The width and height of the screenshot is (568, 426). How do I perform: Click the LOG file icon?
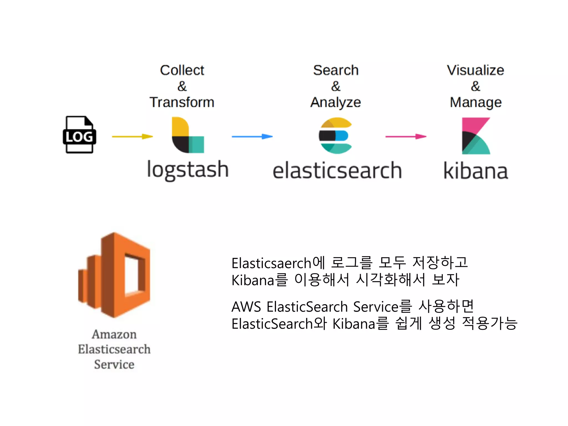coord(79,135)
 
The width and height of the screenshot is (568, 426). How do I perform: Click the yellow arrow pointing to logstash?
coord(132,136)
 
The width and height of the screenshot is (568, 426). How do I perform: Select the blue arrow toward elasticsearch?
coord(252,136)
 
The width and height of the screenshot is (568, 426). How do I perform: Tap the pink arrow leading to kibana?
coord(406,136)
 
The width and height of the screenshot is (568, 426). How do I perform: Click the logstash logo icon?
coord(188,135)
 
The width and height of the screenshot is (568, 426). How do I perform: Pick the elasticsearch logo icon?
coord(336,136)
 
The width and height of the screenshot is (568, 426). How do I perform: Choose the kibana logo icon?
coord(476,136)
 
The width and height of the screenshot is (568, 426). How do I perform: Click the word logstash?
coord(188,170)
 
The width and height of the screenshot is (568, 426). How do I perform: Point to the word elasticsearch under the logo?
coord(337,171)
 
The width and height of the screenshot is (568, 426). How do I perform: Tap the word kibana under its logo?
coord(476,171)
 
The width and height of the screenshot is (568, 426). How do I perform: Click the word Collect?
coord(182,70)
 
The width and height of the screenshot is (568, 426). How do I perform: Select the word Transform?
coord(182,102)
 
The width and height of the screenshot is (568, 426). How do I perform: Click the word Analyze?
coord(336,102)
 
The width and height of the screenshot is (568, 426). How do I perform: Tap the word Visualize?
coord(475,70)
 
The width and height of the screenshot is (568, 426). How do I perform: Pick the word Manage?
coord(476,102)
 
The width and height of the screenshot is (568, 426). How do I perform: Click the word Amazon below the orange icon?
coord(114,334)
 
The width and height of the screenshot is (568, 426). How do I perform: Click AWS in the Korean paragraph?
coord(246,307)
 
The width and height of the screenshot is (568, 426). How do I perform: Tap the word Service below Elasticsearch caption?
coord(114,364)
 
